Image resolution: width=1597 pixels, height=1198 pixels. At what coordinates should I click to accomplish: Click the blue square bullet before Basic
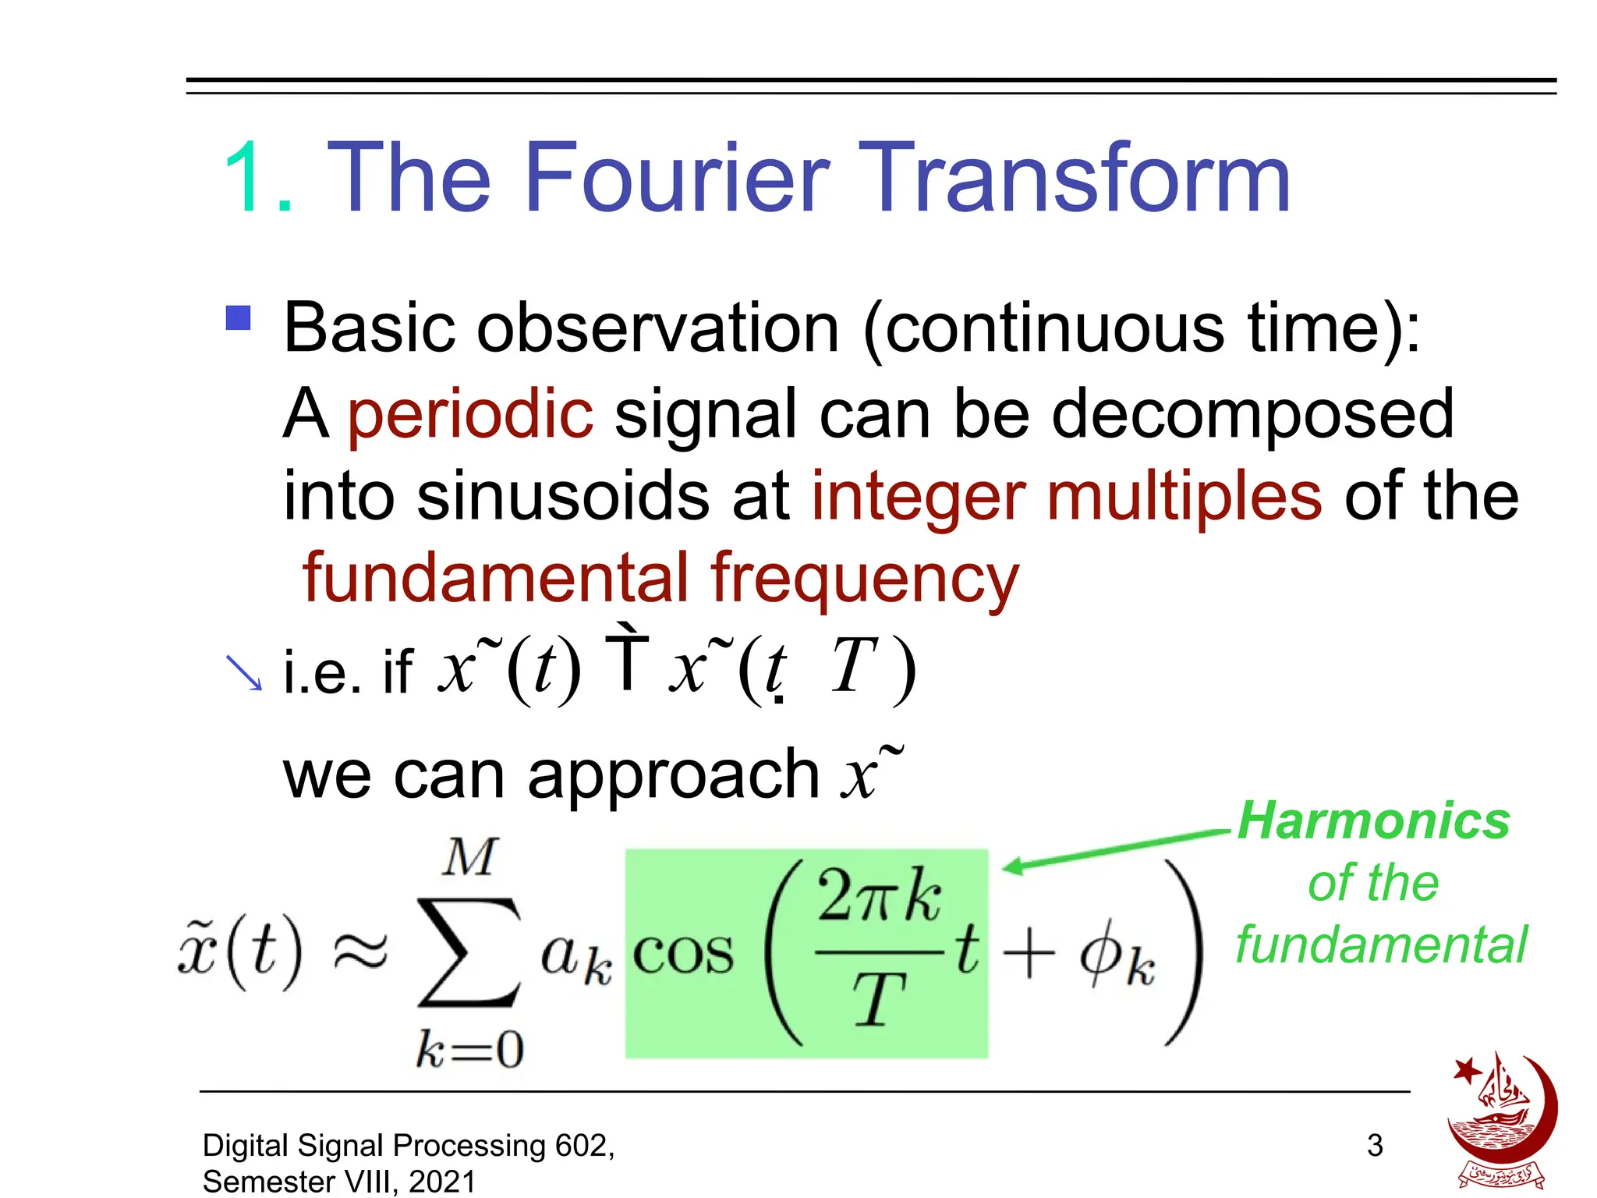pos(239,318)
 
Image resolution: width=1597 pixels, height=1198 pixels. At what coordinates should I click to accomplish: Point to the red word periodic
pos(470,415)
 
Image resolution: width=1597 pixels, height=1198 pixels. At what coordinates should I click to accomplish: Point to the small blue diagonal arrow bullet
pos(244,673)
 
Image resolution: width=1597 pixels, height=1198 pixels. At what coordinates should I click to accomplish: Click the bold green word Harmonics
pos(1374,821)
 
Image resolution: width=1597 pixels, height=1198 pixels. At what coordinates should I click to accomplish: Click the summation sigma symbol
pos(468,952)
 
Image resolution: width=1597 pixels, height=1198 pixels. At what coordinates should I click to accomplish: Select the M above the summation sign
pos(469,858)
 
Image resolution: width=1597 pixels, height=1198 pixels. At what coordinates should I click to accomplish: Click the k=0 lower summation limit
pos(469,1049)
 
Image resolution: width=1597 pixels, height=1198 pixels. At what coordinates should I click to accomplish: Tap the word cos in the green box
pos(683,954)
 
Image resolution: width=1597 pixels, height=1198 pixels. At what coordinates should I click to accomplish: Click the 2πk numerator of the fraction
pos(879,897)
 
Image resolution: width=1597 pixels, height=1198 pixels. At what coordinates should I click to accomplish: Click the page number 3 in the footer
pos(1375,1145)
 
